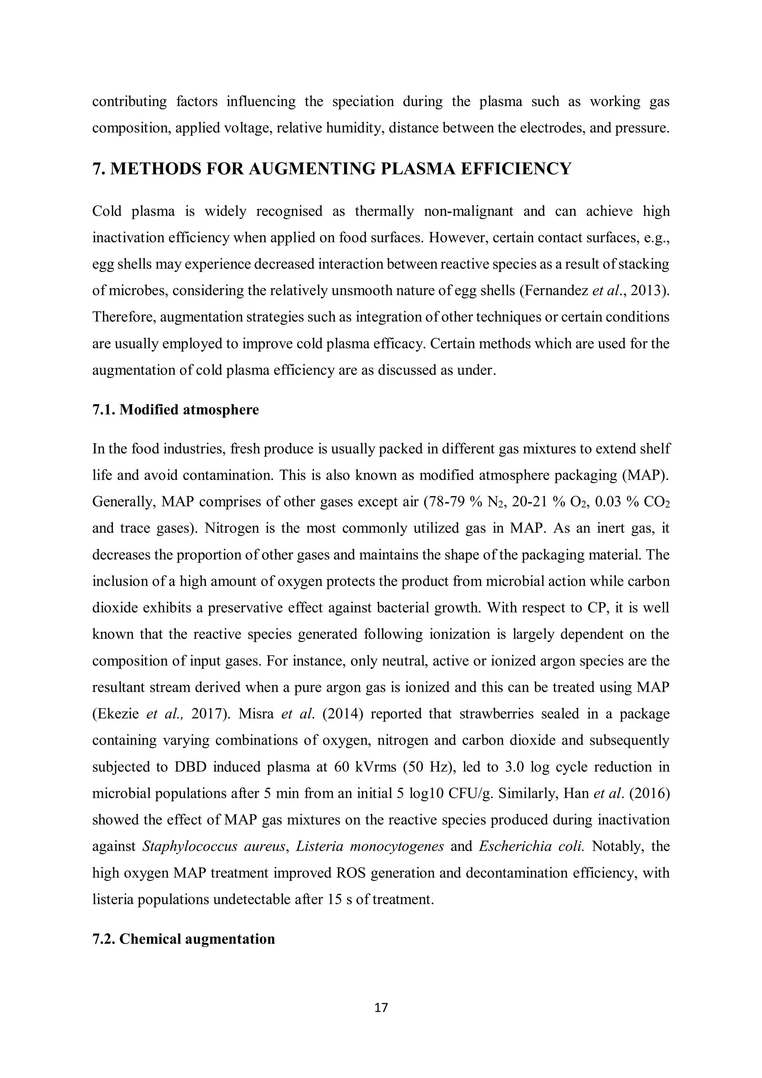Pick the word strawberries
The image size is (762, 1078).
496,714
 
